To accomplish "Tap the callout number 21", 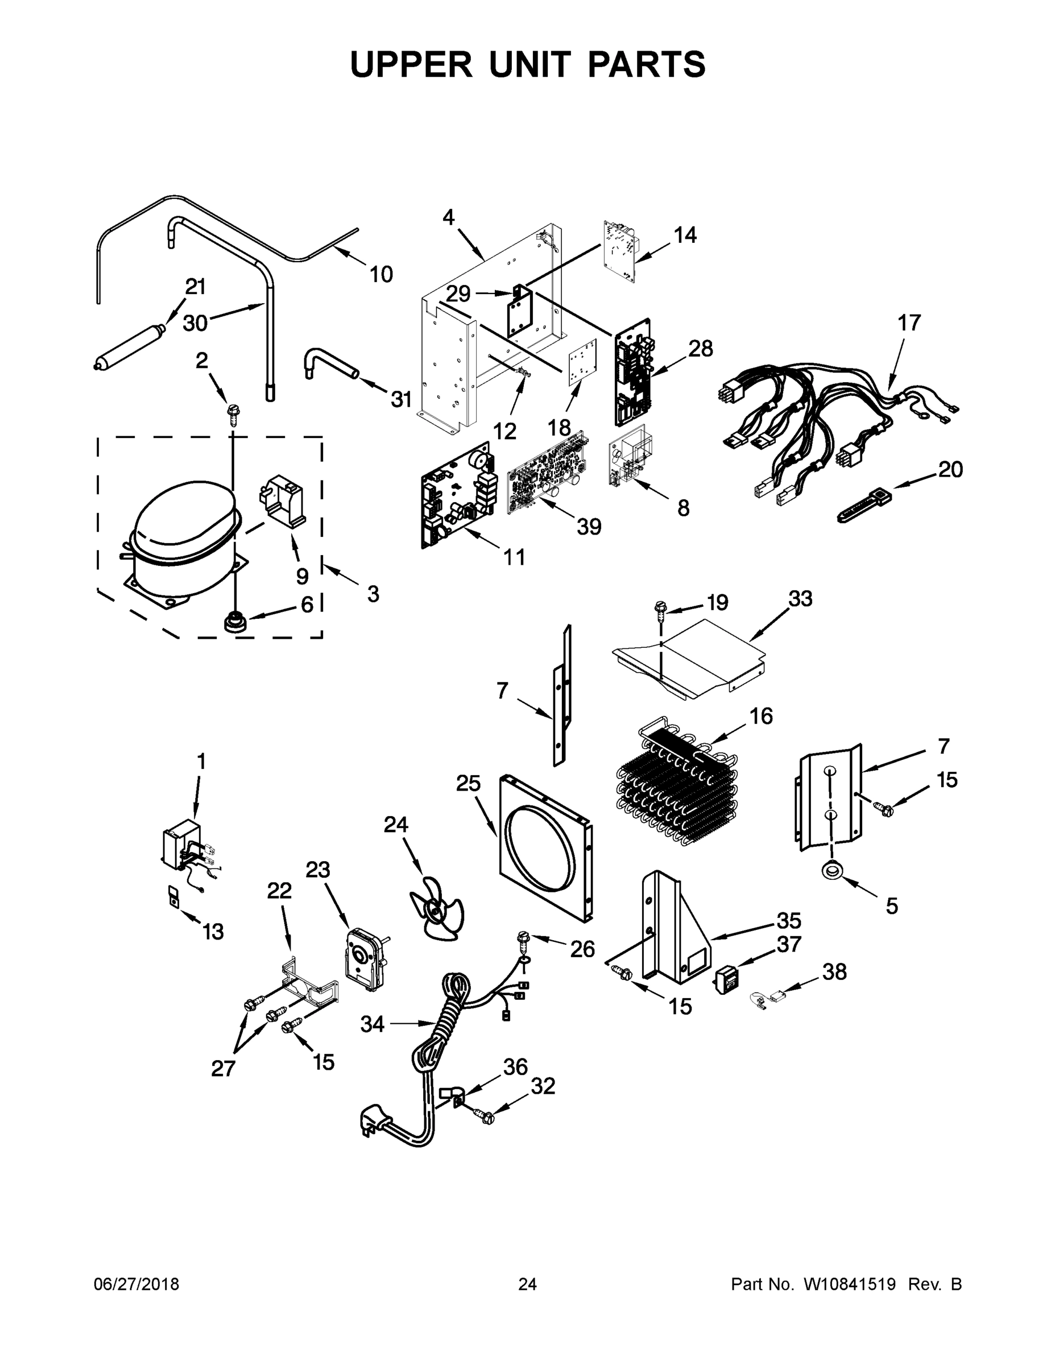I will point(196,287).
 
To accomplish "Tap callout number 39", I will point(588,527).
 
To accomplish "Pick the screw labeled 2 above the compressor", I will point(235,415).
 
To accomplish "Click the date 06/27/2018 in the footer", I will point(136,1284).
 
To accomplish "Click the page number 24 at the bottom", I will point(528,1284).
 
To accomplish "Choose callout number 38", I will point(834,971).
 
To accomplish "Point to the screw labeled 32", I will point(485,1115).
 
